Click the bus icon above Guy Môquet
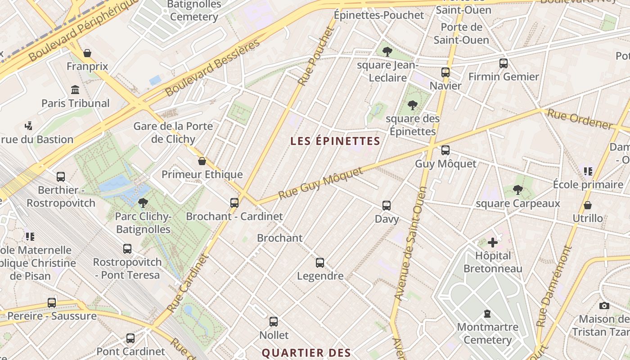coord(445,150)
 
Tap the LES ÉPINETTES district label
coord(335,141)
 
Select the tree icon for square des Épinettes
coord(412,106)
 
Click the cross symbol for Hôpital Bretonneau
coord(493,243)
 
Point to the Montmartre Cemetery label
coord(488,333)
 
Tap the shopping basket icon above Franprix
coord(87,53)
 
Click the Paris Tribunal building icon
coord(75,90)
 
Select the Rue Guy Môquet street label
coord(320,184)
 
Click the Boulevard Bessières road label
coord(212,68)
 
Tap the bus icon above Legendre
coord(320,262)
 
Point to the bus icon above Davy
coord(387,206)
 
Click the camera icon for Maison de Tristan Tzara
coord(604,306)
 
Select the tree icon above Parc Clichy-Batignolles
coord(143,203)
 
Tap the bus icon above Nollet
coord(274,322)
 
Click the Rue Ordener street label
coord(579,119)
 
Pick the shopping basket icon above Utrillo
coord(587,205)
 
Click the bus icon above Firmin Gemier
coord(504,63)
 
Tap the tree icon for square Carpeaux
coord(518,190)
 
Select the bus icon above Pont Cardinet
coord(130,338)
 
